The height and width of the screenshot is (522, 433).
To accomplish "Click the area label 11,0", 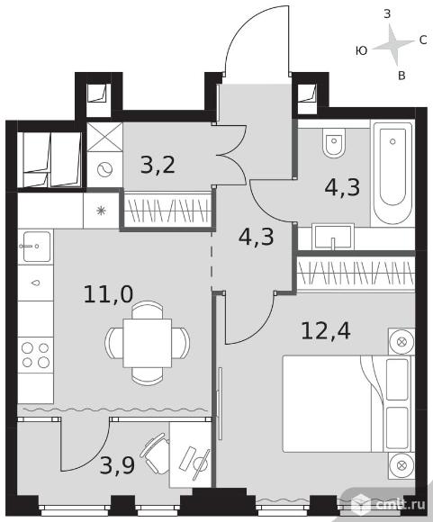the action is point(108,294).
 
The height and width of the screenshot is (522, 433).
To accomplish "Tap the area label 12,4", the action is point(325,331).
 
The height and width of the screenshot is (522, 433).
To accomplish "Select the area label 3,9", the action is point(117,465).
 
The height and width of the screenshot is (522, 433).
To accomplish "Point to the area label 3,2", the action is point(158,165).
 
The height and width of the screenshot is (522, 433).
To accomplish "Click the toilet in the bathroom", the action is point(334,142).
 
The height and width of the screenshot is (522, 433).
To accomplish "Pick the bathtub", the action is point(392,173).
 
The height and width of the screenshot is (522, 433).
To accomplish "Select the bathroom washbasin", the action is point(332,237).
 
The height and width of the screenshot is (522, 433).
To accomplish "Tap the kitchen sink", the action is point(35,247).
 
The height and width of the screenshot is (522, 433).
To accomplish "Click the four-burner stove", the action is point(35,355).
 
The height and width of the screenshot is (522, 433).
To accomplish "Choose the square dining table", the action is point(148,343).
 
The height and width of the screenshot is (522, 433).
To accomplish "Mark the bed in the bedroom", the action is point(347,404).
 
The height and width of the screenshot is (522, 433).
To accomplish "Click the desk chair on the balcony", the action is point(155,453).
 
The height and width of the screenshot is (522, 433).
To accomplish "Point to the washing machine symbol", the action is point(104,169).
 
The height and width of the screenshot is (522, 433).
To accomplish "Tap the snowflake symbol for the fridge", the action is point(101,211).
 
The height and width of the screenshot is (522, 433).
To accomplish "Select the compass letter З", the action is point(387,14).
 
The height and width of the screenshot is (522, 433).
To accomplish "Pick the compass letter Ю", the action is point(361,51).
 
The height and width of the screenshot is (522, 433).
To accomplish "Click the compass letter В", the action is point(401,76).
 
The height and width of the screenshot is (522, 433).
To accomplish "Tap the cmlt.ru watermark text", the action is point(401,505).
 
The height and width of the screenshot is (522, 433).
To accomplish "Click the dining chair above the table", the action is point(148,310).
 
